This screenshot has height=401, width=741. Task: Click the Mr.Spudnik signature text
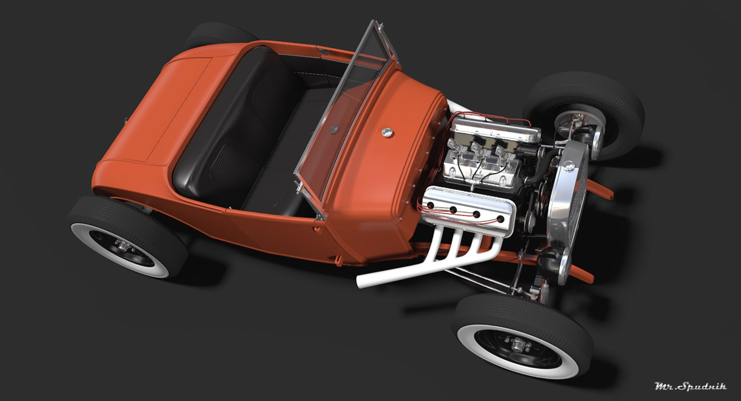click(x=690, y=386)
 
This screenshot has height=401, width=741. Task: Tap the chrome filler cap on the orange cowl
click(x=386, y=132)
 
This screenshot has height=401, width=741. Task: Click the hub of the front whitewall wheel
click(x=516, y=342)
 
